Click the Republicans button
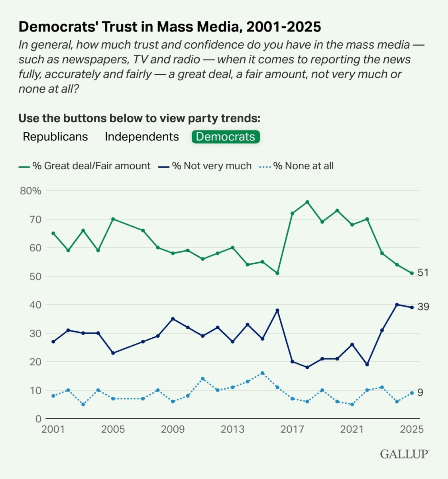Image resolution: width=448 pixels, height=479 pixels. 55,137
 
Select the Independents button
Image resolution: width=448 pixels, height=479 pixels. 142,137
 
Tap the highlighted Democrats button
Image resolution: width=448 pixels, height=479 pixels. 226,137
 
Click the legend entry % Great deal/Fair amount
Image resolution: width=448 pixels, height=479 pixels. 84,166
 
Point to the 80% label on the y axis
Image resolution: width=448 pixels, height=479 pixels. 31,191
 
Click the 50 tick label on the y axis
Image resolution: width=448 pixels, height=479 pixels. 35,276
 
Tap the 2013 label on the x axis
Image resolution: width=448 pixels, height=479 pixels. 232,430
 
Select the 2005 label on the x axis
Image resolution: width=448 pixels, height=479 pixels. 113,430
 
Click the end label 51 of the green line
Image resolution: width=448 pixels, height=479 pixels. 423,273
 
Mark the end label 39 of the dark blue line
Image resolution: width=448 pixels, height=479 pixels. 423,307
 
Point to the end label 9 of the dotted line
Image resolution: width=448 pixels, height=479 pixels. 420,393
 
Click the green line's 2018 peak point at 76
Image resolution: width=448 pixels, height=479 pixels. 307,202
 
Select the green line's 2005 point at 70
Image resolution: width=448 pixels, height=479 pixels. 113,219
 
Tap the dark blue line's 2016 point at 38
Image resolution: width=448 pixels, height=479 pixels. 277,310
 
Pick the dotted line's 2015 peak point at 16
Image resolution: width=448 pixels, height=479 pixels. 262,373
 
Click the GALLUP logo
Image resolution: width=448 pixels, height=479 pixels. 405,454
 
